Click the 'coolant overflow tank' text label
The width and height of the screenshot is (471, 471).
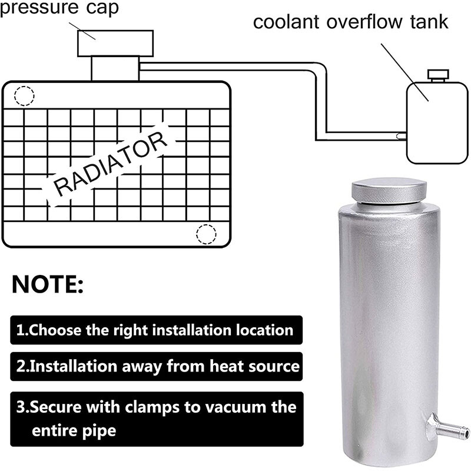tap(350, 22)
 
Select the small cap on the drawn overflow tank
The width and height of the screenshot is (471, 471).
tap(437, 75)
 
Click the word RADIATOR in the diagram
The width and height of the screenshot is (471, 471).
tap(111, 165)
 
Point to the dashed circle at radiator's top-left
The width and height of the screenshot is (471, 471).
tap(24, 95)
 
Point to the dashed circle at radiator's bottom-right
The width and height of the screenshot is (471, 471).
tap(206, 234)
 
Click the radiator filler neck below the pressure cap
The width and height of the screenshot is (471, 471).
tap(115, 68)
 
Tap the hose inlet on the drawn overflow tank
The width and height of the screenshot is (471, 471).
tap(402, 136)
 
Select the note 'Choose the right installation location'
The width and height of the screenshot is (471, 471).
tap(155, 330)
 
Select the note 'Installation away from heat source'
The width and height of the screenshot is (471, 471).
tap(157, 366)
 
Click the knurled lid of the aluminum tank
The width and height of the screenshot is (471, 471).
tap(389, 191)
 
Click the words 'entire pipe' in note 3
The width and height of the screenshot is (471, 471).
tap(74, 430)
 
